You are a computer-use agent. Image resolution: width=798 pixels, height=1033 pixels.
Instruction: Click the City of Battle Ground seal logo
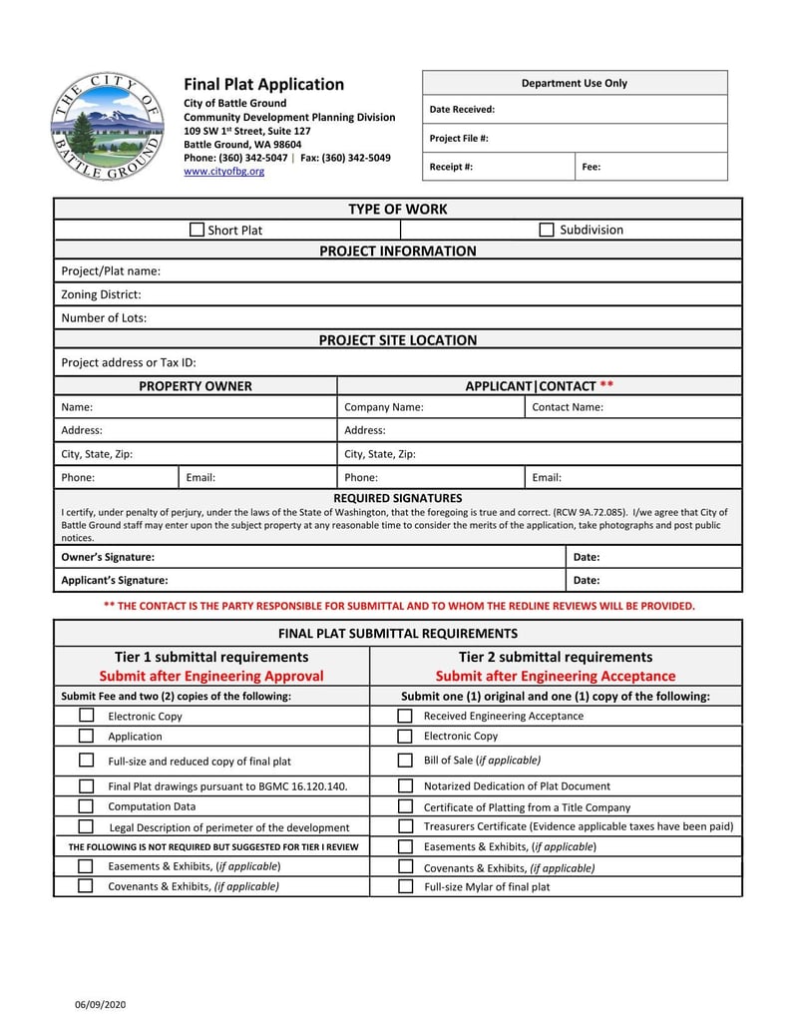(108, 127)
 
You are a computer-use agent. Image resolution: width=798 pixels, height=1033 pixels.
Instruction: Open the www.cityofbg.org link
(224, 172)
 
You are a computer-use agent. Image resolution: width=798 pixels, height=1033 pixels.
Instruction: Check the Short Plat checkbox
(197, 231)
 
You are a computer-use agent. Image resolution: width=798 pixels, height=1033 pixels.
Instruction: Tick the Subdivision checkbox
(547, 231)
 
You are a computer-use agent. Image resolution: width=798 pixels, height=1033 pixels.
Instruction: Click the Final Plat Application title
(263, 85)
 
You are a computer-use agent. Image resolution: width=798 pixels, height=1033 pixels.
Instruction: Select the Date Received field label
(462, 110)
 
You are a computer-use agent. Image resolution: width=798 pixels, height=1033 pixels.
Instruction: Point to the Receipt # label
(451, 167)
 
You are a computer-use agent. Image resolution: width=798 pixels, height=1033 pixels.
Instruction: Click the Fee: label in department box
(592, 167)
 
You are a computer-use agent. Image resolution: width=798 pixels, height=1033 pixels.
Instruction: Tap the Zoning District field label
(101, 294)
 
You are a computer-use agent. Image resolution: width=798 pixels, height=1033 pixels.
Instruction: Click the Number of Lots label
(104, 318)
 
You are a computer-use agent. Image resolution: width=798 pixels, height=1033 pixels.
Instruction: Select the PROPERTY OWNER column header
(196, 386)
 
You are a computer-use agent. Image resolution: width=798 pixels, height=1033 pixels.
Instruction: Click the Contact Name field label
(568, 407)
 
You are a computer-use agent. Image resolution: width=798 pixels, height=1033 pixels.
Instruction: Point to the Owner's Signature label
(108, 557)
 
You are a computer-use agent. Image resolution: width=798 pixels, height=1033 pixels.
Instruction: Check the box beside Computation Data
(86, 805)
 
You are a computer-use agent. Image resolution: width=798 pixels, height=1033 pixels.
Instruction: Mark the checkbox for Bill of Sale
(405, 761)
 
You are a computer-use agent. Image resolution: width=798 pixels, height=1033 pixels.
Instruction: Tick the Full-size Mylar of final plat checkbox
(405, 886)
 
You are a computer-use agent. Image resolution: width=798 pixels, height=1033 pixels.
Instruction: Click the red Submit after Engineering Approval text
(211, 676)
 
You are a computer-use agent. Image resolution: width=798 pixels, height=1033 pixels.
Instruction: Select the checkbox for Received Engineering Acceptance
(405, 716)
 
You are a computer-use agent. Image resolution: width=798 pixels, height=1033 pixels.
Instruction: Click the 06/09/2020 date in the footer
(100, 1003)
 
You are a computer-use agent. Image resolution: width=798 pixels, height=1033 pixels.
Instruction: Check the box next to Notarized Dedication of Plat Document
(405, 786)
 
